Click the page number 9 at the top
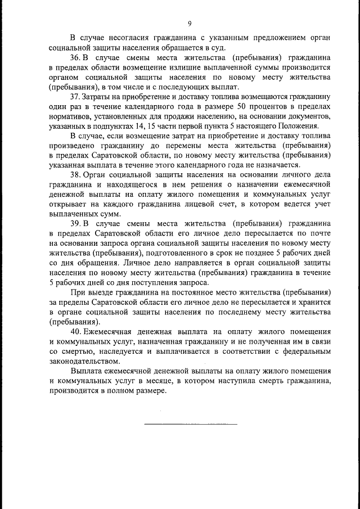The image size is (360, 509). [190, 23]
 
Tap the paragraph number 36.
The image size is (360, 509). [75, 58]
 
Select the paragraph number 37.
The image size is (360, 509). [75, 97]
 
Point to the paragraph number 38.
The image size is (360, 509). [75, 176]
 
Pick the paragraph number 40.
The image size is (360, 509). [75, 332]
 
